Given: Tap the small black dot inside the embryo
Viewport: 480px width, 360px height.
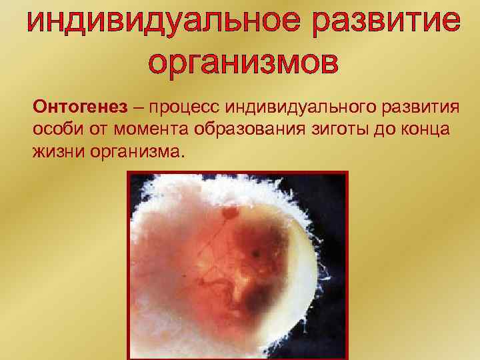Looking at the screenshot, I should click(255, 254).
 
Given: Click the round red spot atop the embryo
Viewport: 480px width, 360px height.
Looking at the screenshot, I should click(231, 213).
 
